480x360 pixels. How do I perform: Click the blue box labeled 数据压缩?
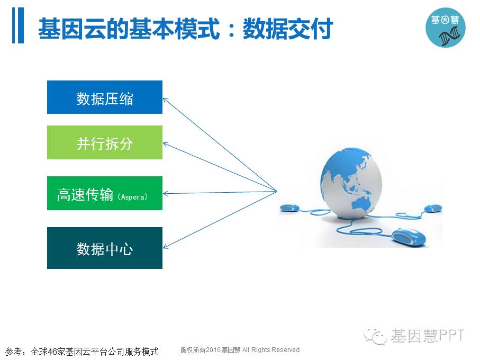105,97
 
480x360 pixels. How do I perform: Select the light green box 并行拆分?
105,142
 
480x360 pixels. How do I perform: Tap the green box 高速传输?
105,193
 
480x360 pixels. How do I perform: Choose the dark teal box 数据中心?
105,248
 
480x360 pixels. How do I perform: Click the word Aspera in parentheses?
133,197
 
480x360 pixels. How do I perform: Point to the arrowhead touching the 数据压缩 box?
165,100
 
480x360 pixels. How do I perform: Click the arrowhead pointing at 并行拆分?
165,144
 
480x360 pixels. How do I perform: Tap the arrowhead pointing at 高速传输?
165,193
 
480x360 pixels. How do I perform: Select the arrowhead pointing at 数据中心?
165,246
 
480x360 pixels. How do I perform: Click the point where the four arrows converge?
276,191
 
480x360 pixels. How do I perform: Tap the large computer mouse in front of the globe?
409,236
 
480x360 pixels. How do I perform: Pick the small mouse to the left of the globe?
289,208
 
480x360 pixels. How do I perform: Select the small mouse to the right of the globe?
433,208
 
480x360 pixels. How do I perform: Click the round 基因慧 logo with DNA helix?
446,28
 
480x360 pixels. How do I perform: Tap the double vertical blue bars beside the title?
18,25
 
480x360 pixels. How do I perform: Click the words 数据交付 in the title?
288,29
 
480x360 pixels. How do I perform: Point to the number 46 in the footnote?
53,352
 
